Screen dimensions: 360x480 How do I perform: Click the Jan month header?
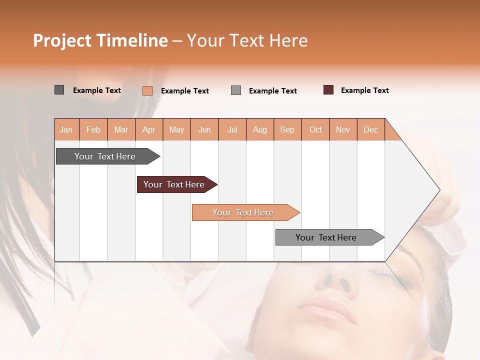66,129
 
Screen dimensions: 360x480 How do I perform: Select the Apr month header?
149,129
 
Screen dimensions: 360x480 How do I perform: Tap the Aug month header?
259,129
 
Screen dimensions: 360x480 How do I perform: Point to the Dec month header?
370,129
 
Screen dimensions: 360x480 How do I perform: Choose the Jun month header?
204,129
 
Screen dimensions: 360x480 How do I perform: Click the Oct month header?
315,129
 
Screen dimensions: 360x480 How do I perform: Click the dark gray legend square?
59,90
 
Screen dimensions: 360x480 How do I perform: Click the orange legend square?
147,90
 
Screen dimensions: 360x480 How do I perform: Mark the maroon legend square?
328,90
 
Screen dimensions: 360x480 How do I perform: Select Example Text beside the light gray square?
272,91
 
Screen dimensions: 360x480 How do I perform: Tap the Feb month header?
93,129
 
